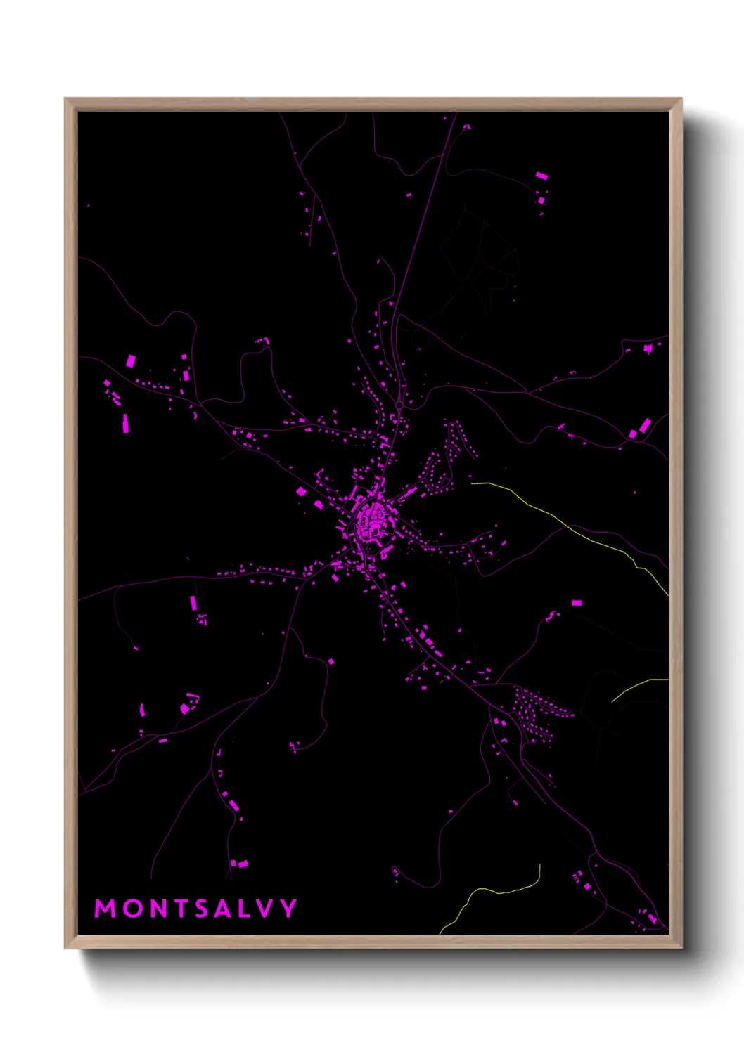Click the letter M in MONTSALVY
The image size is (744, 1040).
tap(105, 909)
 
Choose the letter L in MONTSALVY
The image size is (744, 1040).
tap(246, 909)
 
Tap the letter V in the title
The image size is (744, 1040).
tap(266, 909)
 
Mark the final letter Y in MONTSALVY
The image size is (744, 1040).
tap(288, 909)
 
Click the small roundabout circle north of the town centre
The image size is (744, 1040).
tap(399, 405)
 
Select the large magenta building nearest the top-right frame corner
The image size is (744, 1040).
tap(540, 176)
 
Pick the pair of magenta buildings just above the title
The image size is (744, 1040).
tap(239, 863)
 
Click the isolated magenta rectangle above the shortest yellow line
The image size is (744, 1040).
tap(577, 603)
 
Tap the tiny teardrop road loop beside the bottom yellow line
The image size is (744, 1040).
tap(396, 872)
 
